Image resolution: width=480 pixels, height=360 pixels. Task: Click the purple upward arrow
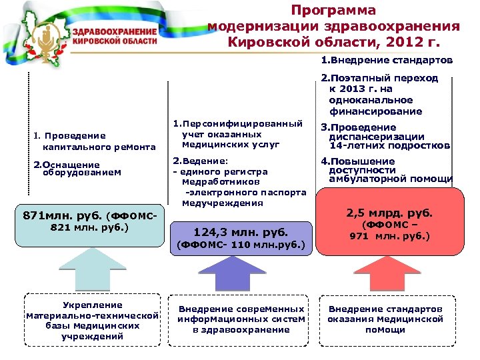242,275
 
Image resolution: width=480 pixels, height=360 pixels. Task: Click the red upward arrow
390,274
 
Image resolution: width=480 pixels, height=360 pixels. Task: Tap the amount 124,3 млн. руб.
241,233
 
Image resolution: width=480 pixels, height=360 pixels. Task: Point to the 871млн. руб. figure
63,216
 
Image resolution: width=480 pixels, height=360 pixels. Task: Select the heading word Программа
333,11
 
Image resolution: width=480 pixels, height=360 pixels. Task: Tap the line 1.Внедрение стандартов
387,61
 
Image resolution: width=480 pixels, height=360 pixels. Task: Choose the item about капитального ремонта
93,141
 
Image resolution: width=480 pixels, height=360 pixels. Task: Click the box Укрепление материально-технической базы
93,321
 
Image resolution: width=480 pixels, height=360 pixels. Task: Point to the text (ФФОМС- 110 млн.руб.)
241,245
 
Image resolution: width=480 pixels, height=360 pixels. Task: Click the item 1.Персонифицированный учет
237,134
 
